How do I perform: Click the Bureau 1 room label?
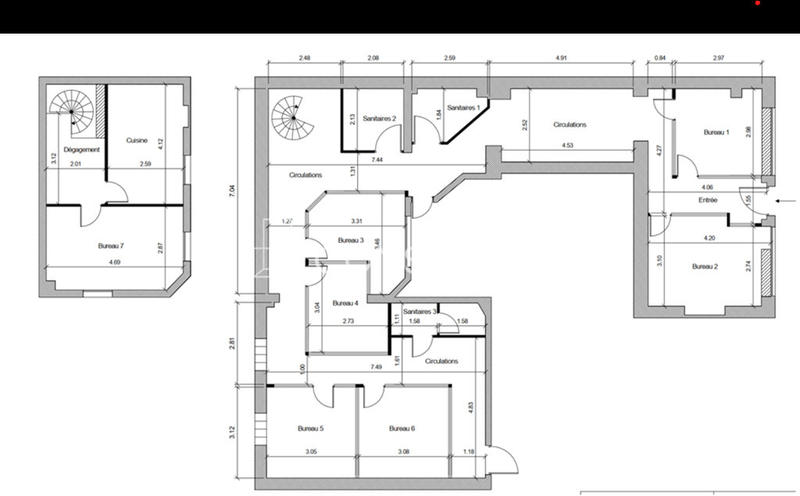tap(717, 132)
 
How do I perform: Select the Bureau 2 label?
tap(705, 266)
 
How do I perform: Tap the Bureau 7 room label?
tap(111, 245)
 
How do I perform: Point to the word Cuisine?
tap(138, 141)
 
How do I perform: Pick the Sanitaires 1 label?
tap(463, 107)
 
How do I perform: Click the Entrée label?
tap(708, 200)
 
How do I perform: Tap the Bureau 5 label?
tap(311, 428)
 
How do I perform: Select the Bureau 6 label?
tap(401, 428)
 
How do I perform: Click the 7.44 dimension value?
tap(376, 160)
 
